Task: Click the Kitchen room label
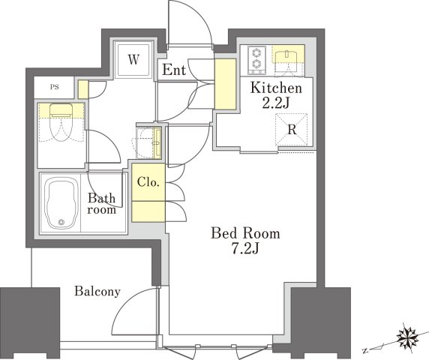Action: (x=276, y=88)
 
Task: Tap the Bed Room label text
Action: (x=245, y=234)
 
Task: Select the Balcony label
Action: (x=97, y=292)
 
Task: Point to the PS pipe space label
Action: (x=55, y=87)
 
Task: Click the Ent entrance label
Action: (x=174, y=70)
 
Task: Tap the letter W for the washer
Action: (x=133, y=60)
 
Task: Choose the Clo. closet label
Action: (x=148, y=182)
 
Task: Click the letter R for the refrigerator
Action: (x=292, y=130)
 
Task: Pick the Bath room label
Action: (x=101, y=204)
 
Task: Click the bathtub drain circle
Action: (x=61, y=223)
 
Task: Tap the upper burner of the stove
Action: (x=256, y=52)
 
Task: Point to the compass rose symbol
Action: (x=408, y=334)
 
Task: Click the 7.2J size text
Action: (x=245, y=249)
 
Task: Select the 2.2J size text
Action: (x=276, y=103)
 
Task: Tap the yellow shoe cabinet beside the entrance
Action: (x=225, y=84)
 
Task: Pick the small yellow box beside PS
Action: (x=83, y=89)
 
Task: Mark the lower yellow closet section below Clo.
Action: (x=148, y=211)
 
